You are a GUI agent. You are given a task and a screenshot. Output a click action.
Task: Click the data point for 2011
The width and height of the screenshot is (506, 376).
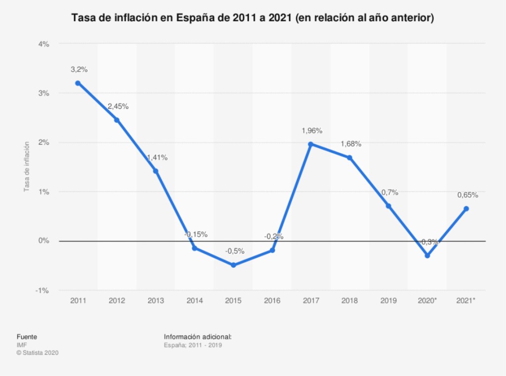click(x=78, y=83)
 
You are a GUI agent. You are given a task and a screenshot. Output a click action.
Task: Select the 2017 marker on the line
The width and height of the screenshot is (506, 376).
click(x=311, y=144)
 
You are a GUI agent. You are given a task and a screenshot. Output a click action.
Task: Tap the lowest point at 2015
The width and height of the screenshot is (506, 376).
click(x=233, y=265)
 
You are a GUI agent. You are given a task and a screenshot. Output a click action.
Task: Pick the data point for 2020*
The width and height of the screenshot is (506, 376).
click(x=427, y=255)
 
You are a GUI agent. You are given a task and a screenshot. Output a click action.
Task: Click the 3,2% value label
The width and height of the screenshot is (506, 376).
click(x=79, y=70)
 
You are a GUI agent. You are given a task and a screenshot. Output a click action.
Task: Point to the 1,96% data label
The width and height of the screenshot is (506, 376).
click(x=312, y=131)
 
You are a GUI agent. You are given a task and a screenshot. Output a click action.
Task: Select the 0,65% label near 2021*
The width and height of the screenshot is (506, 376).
click(x=467, y=195)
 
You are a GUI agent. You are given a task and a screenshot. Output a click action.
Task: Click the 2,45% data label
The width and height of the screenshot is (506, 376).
click(x=118, y=106)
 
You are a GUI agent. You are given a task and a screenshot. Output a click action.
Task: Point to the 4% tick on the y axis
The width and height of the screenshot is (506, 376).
click(x=44, y=44)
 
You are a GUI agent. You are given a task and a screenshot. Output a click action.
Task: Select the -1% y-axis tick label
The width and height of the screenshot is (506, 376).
click(x=42, y=290)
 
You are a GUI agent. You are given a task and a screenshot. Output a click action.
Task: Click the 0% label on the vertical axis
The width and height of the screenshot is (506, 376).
click(x=44, y=241)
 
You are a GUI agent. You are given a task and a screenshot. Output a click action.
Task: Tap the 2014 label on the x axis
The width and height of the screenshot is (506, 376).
click(x=194, y=300)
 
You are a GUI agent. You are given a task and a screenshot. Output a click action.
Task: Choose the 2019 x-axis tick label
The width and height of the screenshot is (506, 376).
click(x=389, y=300)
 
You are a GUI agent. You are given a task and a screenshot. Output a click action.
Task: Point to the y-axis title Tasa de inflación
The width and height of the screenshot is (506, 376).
click(x=27, y=167)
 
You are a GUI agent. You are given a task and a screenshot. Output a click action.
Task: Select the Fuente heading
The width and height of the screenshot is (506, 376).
click(x=27, y=337)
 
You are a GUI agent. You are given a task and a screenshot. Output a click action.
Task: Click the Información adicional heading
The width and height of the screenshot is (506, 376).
click(x=198, y=337)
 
